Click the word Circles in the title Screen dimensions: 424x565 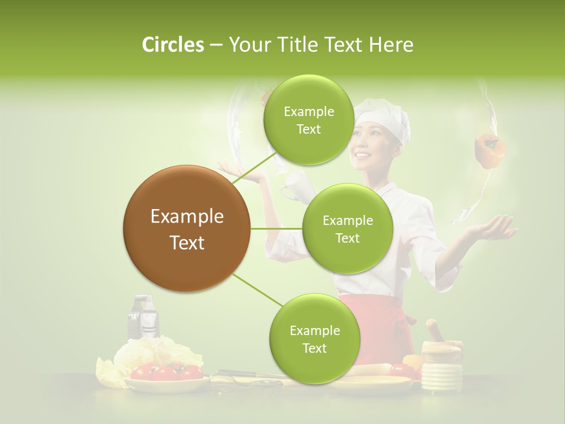172,45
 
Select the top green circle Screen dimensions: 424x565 308,120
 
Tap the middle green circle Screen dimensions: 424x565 347,228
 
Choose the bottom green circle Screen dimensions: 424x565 314,339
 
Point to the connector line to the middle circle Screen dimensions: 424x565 277,228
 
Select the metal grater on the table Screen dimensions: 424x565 143,317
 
